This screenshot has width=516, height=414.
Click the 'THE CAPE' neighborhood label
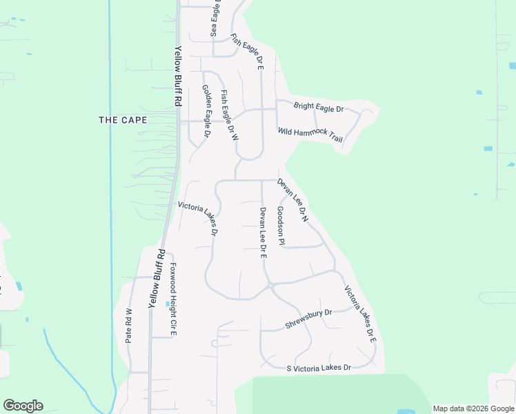click(123, 120)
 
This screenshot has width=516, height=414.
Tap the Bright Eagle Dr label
click(319, 108)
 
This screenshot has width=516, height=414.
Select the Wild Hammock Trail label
click(310, 135)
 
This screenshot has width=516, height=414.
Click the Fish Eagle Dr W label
click(229, 115)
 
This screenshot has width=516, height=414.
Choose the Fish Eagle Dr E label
click(247, 52)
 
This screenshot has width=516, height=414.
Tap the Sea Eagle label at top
click(215, 19)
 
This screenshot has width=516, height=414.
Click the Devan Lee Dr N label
click(292, 200)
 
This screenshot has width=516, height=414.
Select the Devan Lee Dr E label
click(263, 233)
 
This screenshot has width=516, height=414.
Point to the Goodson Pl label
click(281, 226)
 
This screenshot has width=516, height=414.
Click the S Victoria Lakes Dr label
click(319, 368)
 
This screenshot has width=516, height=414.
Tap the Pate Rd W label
click(129, 325)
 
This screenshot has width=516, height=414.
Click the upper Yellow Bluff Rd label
click(178, 75)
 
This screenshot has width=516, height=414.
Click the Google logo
click(23, 405)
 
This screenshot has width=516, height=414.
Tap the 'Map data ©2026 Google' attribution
click(473, 408)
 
